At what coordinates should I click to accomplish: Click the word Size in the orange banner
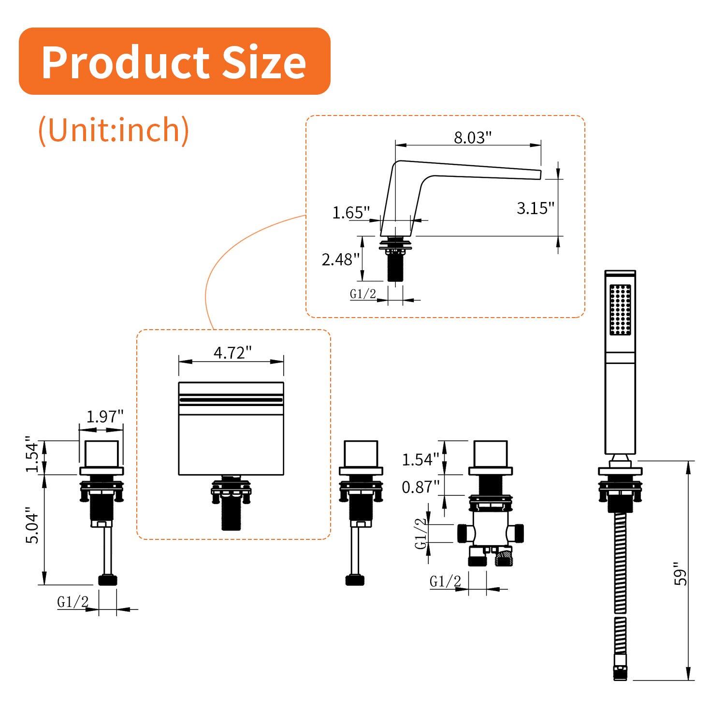point(264,62)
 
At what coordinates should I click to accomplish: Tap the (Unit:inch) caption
point(114,130)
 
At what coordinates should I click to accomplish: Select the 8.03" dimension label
point(472,137)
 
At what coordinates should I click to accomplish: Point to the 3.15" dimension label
point(535,208)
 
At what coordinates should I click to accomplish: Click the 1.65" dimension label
point(351,212)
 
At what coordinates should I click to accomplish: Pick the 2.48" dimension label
point(341,260)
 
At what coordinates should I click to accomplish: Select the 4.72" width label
point(232,353)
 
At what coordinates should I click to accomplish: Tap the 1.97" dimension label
point(105,416)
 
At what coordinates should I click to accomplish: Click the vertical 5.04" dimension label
point(32,525)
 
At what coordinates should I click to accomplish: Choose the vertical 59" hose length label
point(681,574)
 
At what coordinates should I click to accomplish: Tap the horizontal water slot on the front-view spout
point(231,400)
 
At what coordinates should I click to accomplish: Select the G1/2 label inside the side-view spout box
point(362,293)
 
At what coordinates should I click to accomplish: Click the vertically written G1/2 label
point(421,533)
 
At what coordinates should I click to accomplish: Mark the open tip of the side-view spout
point(539,174)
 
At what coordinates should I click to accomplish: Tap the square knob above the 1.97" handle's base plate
point(101,453)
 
